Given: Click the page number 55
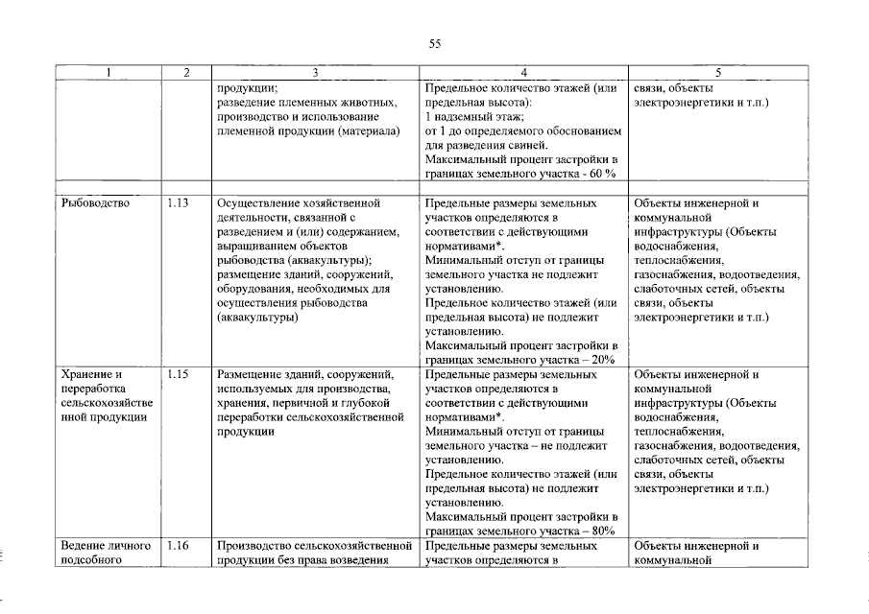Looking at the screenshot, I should [x=434, y=43].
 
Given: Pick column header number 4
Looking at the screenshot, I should [x=523, y=73].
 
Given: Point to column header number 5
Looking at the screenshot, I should [x=717, y=73].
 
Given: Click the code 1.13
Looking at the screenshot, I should [x=179, y=203].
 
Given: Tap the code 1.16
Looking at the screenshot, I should [x=179, y=546].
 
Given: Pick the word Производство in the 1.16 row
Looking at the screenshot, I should [x=256, y=546].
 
